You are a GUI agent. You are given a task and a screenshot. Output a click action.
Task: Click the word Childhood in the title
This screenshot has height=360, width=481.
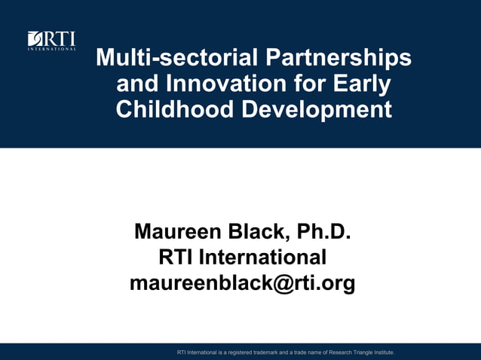(175, 109)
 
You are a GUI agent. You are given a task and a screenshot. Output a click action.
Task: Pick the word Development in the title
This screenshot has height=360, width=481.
(317, 109)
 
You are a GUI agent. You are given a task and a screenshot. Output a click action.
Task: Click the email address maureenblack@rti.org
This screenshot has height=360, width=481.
(242, 284)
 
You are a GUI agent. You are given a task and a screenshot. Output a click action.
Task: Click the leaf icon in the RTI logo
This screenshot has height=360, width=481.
(35, 38)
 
